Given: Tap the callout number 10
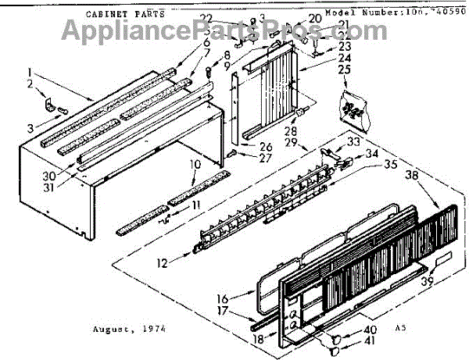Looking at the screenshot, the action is [194, 164].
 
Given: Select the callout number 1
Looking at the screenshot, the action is [33, 69].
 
